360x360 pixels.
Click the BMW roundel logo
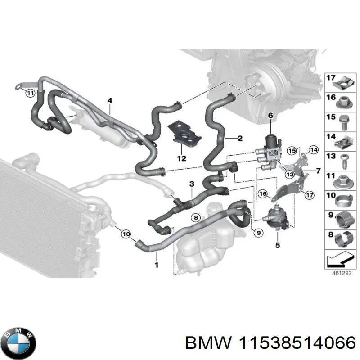(x=18, y=341)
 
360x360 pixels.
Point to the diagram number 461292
(x=337, y=273)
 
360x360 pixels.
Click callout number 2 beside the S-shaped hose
(x=240, y=138)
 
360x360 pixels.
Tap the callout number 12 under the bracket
(x=181, y=158)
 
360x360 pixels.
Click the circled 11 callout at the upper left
(x=30, y=94)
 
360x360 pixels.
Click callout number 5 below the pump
(x=278, y=245)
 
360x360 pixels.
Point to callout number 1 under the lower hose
(x=156, y=265)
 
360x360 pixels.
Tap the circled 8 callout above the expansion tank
(x=195, y=217)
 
